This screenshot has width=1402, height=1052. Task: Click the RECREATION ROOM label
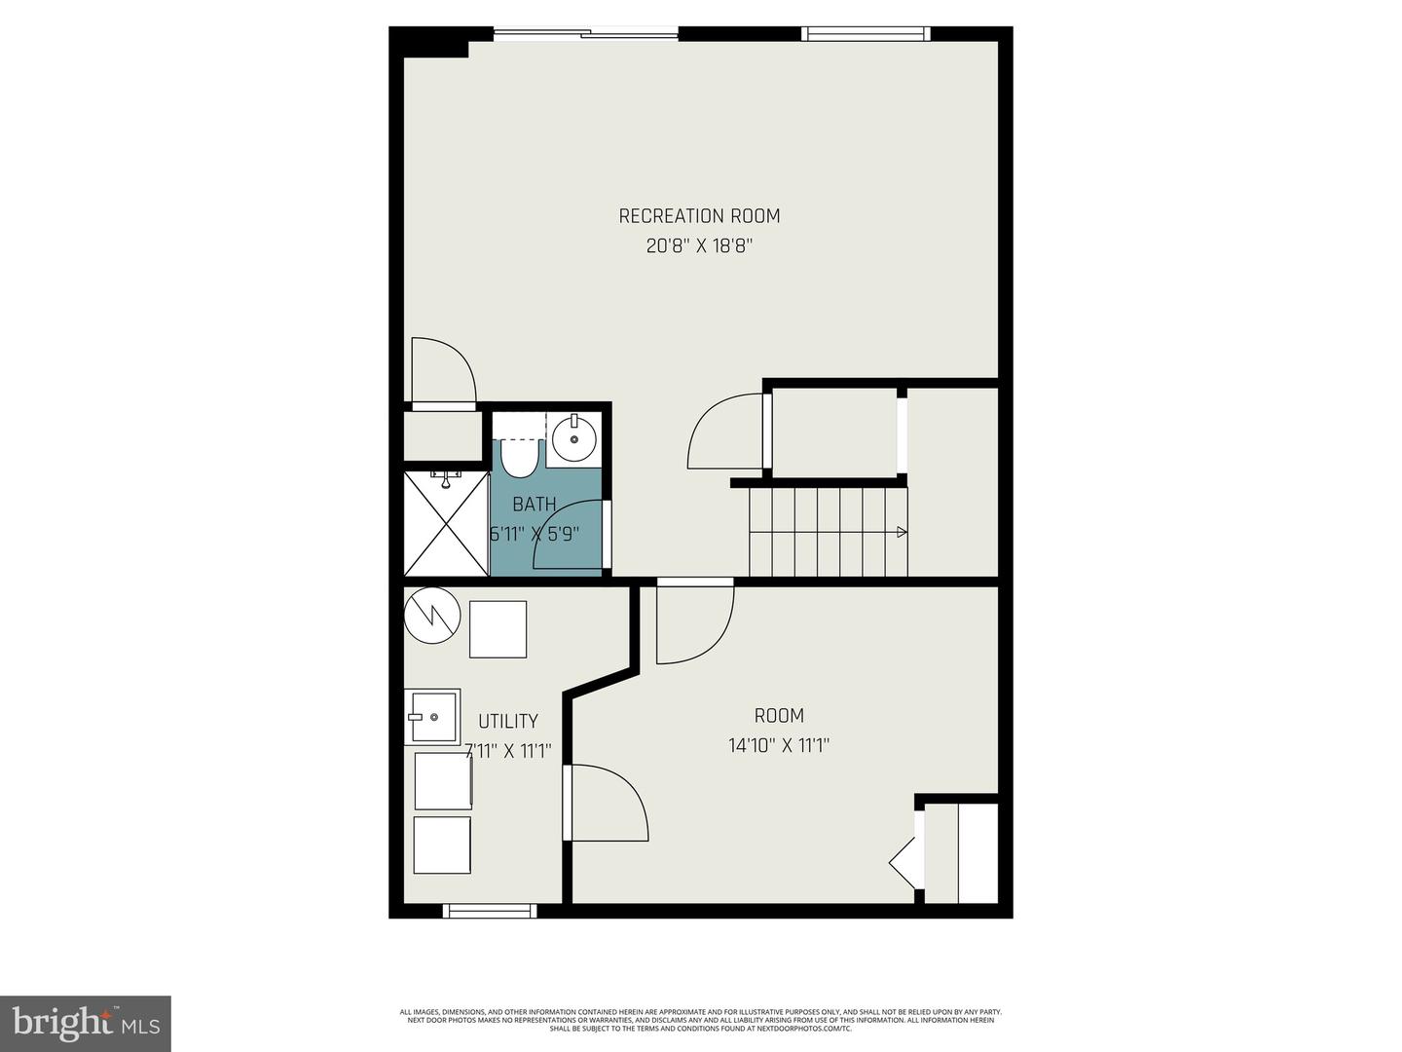[x=699, y=216]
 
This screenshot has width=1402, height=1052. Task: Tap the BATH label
[x=535, y=505]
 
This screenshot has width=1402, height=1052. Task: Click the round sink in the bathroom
[x=573, y=441]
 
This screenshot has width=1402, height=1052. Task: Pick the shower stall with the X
[x=446, y=524]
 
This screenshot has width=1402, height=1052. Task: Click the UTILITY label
[x=507, y=721]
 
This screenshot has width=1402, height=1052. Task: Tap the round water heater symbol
[x=431, y=615]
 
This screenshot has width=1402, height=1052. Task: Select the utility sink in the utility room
[x=432, y=718]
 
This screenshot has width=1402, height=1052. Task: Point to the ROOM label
[x=779, y=716]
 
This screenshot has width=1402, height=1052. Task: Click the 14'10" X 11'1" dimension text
[x=779, y=746]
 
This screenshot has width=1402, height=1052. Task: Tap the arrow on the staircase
[x=902, y=532]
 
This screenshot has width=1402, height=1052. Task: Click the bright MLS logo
[x=86, y=1023]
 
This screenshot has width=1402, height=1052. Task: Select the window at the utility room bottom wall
[x=490, y=911]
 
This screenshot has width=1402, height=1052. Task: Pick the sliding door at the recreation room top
[x=586, y=35]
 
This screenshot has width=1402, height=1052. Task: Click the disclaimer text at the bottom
[x=700, y=1020]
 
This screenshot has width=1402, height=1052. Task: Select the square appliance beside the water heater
[x=498, y=629]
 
